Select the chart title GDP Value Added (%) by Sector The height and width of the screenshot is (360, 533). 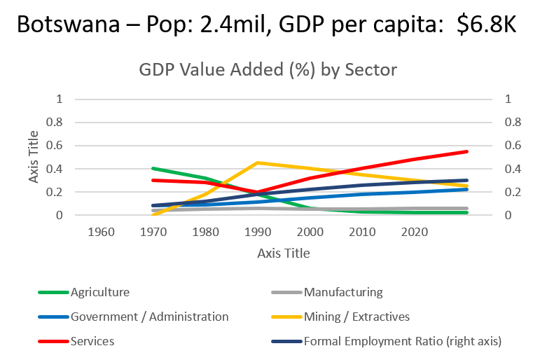click(x=268, y=71)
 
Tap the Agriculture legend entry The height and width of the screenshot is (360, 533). click(x=99, y=292)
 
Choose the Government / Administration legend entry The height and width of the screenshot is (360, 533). click(x=149, y=317)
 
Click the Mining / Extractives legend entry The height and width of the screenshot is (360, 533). click(x=356, y=317)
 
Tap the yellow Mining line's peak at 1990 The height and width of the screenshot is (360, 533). click(x=258, y=162)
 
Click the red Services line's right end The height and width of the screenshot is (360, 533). click(x=467, y=151)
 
